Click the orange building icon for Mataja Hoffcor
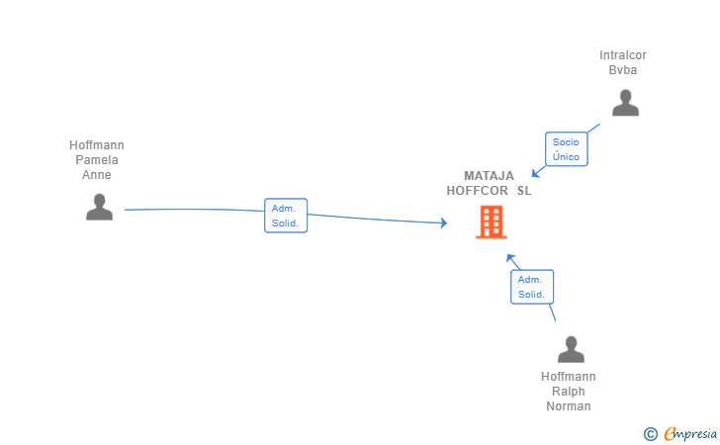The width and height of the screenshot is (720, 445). [492, 222]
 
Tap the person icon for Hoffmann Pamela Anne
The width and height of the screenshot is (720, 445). [99, 207]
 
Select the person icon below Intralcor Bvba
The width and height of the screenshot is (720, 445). [625, 103]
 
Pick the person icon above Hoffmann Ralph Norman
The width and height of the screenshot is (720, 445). [571, 349]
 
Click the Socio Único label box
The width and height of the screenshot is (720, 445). [566, 149]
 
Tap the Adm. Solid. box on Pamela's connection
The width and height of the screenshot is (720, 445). [286, 216]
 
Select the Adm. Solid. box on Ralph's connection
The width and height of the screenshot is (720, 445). [532, 287]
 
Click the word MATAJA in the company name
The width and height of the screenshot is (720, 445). [489, 176]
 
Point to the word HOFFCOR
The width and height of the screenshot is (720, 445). [477, 191]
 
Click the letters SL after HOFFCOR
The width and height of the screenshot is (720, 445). [524, 191]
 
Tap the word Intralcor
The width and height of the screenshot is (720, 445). [623, 55]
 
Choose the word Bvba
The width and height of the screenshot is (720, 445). [623, 70]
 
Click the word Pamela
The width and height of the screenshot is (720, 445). [97, 160]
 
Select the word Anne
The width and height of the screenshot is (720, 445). [97, 174]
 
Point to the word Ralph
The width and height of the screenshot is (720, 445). [569, 392]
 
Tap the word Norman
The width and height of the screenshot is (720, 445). [569, 406]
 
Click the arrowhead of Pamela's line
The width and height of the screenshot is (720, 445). [443, 222]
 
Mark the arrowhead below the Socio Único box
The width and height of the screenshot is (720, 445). [535, 174]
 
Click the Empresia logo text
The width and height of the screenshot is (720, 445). [690, 433]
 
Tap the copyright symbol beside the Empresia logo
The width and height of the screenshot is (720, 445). [651, 434]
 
